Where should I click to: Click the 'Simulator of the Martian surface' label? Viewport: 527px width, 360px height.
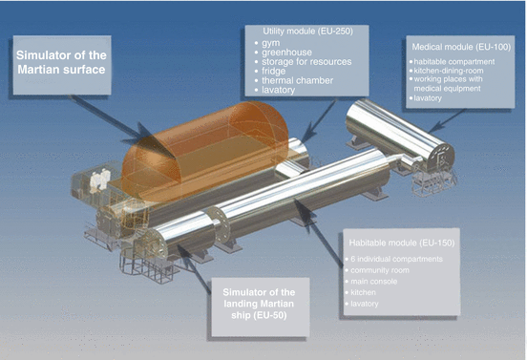(61, 62)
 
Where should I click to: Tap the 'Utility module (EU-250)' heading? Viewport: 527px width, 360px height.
(307, 32)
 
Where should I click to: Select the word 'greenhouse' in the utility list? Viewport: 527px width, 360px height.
(286, 53)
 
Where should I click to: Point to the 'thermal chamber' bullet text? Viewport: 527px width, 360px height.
(298, 80)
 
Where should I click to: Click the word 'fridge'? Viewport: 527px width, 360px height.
(274, 72)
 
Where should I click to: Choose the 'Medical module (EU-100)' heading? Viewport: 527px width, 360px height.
(461, 47)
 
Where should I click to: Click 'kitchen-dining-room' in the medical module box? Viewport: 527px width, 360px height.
(449, 71)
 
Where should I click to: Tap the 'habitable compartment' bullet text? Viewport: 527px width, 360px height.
(454, 62)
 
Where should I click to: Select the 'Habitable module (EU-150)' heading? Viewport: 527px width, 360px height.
(402, 243)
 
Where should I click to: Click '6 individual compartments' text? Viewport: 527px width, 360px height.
(396, 259)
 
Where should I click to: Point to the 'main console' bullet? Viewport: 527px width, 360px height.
(373, 282)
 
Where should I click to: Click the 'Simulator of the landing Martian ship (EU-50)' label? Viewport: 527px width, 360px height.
(259, 304)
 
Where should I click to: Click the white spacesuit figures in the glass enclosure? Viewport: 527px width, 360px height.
(100, 180)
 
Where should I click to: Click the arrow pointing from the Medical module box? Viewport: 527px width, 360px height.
(447, 120)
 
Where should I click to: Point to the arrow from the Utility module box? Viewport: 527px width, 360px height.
(318, 121)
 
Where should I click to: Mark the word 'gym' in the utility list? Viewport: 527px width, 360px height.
(270, 43)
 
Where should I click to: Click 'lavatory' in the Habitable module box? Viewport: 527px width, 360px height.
(365, 304)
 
